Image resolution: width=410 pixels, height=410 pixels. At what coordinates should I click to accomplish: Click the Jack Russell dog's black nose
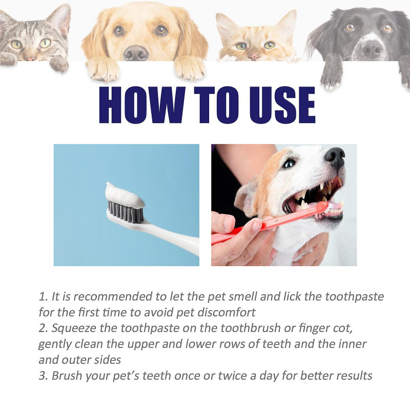pyautogui.click(x=335, y=156)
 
